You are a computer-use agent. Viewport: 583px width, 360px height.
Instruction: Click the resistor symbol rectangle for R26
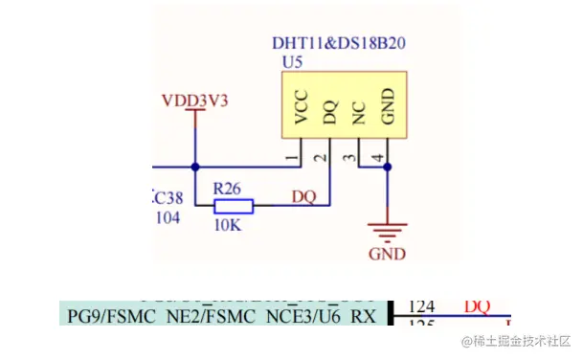click(x=233, y=205)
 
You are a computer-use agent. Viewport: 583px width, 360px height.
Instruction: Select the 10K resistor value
click(x=229, y=225)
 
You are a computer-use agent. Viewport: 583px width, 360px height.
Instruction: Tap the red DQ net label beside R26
click(x=303, y=196)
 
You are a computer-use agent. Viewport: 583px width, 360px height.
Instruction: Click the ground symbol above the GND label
click(x=387, y=230)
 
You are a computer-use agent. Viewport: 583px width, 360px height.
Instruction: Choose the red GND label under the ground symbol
click(x=387, y=255)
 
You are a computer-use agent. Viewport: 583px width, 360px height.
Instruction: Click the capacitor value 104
click(x=168, y=218)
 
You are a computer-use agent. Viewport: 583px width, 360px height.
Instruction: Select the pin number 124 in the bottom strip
click(x=422, y=307)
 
